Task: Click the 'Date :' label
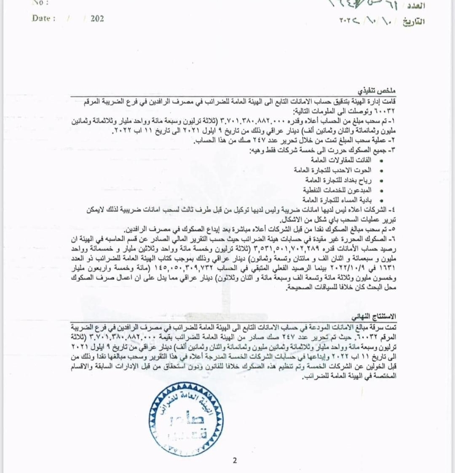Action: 43,19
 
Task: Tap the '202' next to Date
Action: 97,19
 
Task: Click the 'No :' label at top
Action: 40,2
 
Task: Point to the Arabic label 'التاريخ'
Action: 413,21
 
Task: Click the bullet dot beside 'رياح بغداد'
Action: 382,180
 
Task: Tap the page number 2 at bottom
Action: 235,460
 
